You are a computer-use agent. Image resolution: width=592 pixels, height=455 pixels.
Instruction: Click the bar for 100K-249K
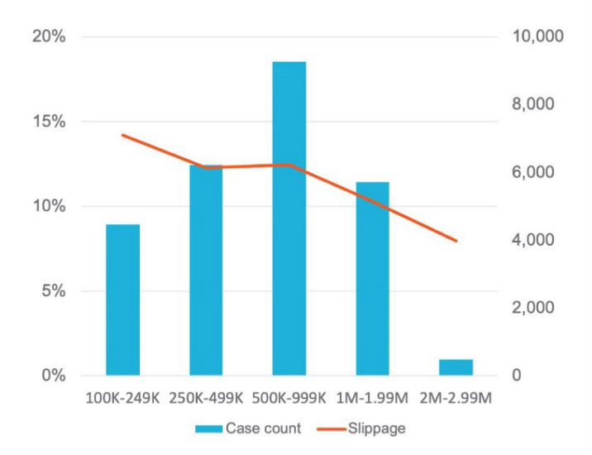(123, 299)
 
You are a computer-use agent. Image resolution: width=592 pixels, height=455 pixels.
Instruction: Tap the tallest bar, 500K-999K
(289, 218)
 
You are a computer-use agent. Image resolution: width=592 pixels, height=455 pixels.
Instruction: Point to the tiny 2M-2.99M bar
(456, 367)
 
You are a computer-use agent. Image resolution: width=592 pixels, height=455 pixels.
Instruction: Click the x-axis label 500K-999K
(289, 399)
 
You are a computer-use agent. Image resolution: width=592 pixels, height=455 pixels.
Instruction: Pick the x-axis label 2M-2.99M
(456, 399)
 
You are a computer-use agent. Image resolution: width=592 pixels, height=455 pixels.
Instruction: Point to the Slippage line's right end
(456, 241)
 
